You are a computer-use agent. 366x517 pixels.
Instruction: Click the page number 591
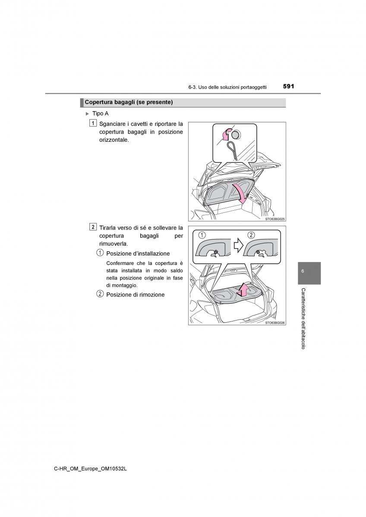[288, 86]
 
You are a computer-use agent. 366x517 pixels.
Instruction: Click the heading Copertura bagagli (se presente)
[129, 102]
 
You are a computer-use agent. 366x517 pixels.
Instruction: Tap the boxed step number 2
[93, 227]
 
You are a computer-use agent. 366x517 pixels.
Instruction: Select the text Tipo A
[100, 113]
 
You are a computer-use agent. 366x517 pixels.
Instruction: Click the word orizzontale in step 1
[114, 140]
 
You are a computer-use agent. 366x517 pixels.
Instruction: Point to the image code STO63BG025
[274, 219]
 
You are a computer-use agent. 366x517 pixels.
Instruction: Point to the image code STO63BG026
[274, 322]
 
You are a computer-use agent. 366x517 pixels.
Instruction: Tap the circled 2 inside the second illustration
[251, 235]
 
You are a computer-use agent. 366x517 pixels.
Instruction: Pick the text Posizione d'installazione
[138, 254]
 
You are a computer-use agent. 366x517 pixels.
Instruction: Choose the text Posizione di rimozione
[135, 295]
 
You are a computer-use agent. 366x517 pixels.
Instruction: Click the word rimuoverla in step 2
[113, 243]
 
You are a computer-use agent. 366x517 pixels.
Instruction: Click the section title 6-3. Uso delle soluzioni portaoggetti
[227, 87]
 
